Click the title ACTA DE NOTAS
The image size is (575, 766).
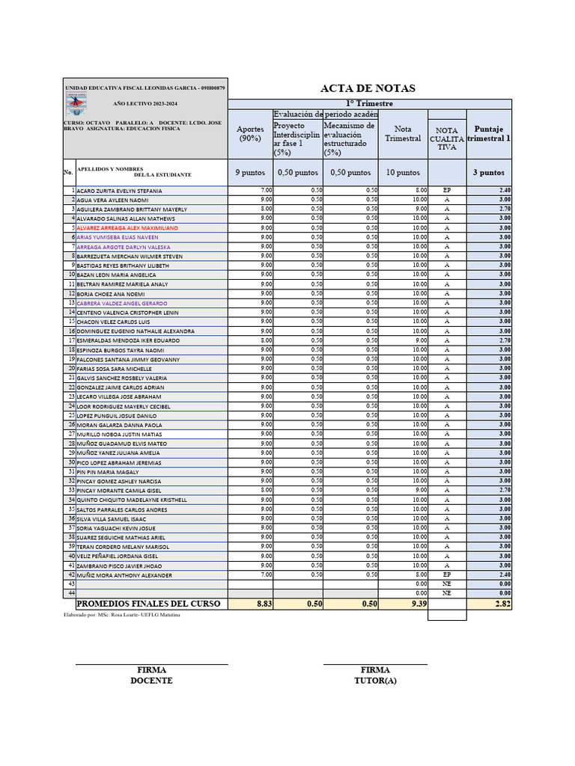click(368, 88)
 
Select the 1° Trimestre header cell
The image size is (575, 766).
click(368, 103)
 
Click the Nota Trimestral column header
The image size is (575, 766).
click(403, 134)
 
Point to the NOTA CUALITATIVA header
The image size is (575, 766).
click(446, 138)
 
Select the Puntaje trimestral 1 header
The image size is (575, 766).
click(489, 134)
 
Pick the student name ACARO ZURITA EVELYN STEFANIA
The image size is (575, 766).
click(119, 191)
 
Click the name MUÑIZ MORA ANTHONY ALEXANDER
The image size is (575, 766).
click(124, 575)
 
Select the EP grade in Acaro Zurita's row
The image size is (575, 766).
click(446, 191)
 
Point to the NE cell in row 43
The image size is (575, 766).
click(446, 583)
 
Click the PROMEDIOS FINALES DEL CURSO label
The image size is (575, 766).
click(149, 604)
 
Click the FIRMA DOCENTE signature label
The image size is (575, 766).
click(151, 675)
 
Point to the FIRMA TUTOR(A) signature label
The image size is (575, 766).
click(375, 675)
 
